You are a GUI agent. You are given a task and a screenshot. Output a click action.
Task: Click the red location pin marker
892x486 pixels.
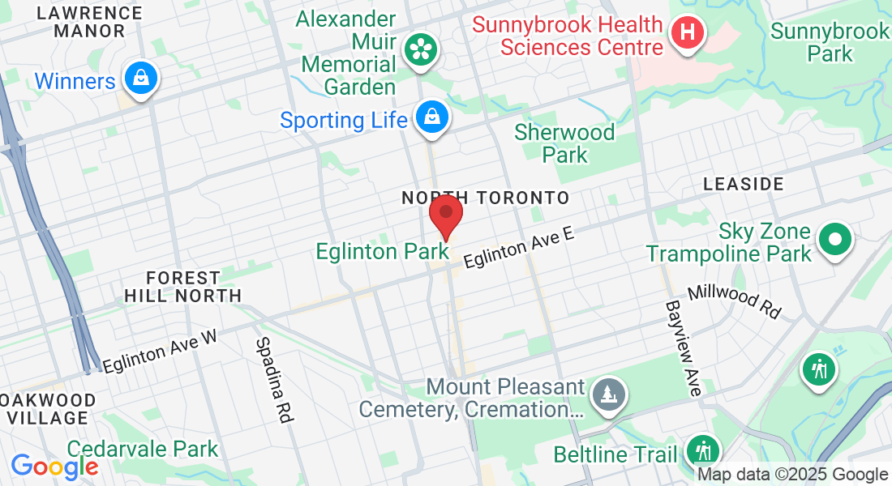coord(445,215)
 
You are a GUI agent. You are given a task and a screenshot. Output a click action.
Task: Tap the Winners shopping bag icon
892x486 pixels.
coord(141,79)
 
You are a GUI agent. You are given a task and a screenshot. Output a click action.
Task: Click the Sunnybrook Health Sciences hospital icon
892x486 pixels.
coord(688,33)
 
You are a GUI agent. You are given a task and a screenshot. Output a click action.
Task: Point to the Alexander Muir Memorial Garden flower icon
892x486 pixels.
coord(421,50)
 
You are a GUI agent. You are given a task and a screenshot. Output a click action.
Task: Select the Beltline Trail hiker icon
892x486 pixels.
coord(702,450)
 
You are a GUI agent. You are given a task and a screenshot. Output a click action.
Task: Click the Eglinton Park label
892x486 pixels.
coord(382,252)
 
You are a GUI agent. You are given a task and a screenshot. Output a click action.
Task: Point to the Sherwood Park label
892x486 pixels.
coord(564,143)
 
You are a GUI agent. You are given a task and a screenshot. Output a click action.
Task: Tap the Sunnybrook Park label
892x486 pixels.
coord(830,43)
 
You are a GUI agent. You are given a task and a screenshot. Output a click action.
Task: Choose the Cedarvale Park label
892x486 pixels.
coord(143,449)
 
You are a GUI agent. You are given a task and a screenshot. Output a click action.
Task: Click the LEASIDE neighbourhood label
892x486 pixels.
coord(744,184)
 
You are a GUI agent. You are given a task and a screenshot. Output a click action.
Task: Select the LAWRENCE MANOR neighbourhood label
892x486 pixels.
coord(90,22)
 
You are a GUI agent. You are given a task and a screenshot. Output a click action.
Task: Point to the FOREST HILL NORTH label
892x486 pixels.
coord(183,287)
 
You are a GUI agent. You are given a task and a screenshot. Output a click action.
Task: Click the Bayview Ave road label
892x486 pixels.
coord(683,348)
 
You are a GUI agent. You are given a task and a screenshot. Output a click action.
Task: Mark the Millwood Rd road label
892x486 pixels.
coord(734,301)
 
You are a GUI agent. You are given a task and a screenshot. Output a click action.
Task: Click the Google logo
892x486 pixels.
coord(54,467)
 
